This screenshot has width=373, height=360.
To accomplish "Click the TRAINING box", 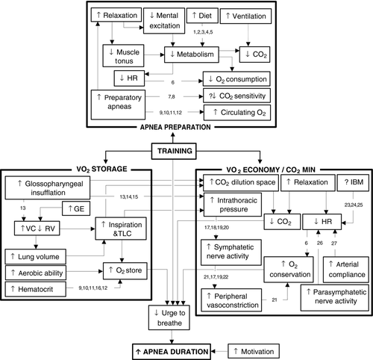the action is click(x=174, y=151).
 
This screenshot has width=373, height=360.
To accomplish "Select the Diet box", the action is click(x=202, y=16).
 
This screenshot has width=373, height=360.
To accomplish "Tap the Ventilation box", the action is click(x=245, y=16).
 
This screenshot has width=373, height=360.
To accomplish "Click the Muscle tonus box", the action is click(x=123, y=56).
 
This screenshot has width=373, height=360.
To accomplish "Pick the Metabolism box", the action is click(x=192, y=55).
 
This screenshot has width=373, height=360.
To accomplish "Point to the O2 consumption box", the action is click(x=236, y=79).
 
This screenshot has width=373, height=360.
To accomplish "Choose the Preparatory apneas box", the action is click(x=118, y=105).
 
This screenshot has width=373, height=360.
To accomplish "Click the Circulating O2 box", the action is click(x=237, y=113).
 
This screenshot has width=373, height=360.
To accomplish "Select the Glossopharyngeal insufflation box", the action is click(x=48, y=188).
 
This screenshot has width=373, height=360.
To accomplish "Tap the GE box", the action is click(x=76, y=208).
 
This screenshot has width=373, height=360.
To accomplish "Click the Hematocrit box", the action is click(x=36, y=289).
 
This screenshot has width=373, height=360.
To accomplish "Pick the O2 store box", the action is click(x=125, y=270).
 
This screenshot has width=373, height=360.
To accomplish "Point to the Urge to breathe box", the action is click(x=169, y=317).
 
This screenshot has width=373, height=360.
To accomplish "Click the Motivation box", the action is click(x=254, y=352).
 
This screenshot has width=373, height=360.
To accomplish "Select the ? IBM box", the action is click(x=353, y=183).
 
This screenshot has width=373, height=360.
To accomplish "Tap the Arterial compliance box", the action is click(x=346, y=270).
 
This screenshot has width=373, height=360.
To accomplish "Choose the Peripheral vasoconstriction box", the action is click(x=231, y=300).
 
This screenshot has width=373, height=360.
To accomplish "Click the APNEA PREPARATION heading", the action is click(x=175, y=127).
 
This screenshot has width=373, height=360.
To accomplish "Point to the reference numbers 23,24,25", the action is click(x=354, y=205).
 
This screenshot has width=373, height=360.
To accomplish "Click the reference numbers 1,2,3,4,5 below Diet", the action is click(x=203, y=32).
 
